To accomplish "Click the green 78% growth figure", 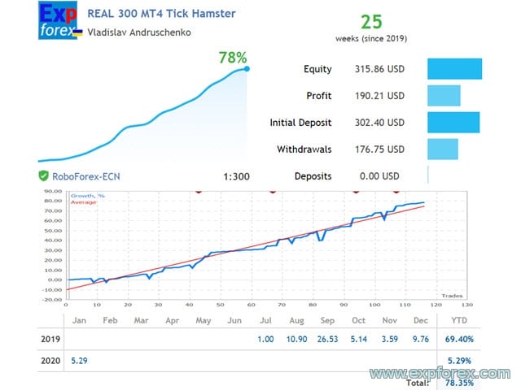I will point(233,58).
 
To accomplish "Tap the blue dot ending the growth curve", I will point(247,68).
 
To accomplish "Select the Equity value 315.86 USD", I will point(374,70).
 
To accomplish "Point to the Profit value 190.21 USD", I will point(374,96).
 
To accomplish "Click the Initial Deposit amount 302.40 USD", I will point(374,123).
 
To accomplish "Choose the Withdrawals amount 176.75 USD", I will point(374,149).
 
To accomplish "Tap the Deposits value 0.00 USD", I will point(379,175).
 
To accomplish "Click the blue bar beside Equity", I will point(454,70).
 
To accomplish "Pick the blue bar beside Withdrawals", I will point(443,149).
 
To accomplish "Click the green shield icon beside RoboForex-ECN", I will point(43,175).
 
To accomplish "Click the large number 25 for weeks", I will point(371,21).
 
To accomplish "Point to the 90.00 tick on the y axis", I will point(52,193).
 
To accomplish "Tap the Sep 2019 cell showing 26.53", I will point(327,339).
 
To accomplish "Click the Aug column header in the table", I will point(296,320).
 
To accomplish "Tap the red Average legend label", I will point(84,201).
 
